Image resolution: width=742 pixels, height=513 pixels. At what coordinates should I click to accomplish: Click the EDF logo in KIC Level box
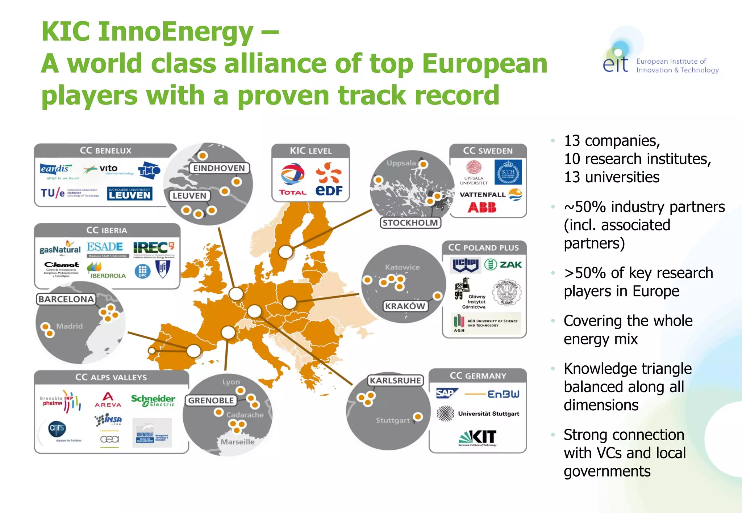pyautogui.click(x=329, y=179)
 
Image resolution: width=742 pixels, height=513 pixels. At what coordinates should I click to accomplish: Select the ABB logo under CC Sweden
pyautogui.click(x=482, y=207)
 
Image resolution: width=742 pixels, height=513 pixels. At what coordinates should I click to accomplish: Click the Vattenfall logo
pyautogui.click(x=490, y=195)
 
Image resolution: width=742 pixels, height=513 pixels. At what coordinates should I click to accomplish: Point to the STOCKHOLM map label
pyautogui.click(x=410, y=222)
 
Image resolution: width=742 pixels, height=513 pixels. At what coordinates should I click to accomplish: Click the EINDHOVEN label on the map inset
pyautogui.click(x=219, y=168)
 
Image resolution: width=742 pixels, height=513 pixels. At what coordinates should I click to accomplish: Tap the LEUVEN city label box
pyautogui.click(x=189, y=196)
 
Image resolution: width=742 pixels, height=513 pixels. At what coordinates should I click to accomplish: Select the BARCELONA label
pyautogui.click(x=66, y=299)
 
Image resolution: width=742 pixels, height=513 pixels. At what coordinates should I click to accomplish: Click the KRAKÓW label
pyautogui.click(x=405, y=306)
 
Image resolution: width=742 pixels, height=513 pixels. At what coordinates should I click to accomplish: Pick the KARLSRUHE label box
pyautogui.click(x=395, y=381)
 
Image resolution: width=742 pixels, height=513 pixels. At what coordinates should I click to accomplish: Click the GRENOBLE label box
pyautogui.click(x=211, y=400)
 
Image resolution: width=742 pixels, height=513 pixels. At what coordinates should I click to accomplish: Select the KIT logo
pyautogui.click(x=478, y=437)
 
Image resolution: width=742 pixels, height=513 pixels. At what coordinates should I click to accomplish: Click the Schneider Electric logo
pyautogui.click(x=153, y=400)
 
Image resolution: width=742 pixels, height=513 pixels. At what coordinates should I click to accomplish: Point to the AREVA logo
pyautogui.click(x=108, y=400)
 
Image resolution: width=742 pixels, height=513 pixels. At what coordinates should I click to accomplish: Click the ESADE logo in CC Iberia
pyautogui.click(x=105, y=247)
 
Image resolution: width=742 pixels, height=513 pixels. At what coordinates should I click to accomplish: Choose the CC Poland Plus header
pyautogui.click(x=483, y=247)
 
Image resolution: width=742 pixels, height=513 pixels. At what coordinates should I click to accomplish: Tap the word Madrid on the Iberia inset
pyautogui.click(x=69, y=326)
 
